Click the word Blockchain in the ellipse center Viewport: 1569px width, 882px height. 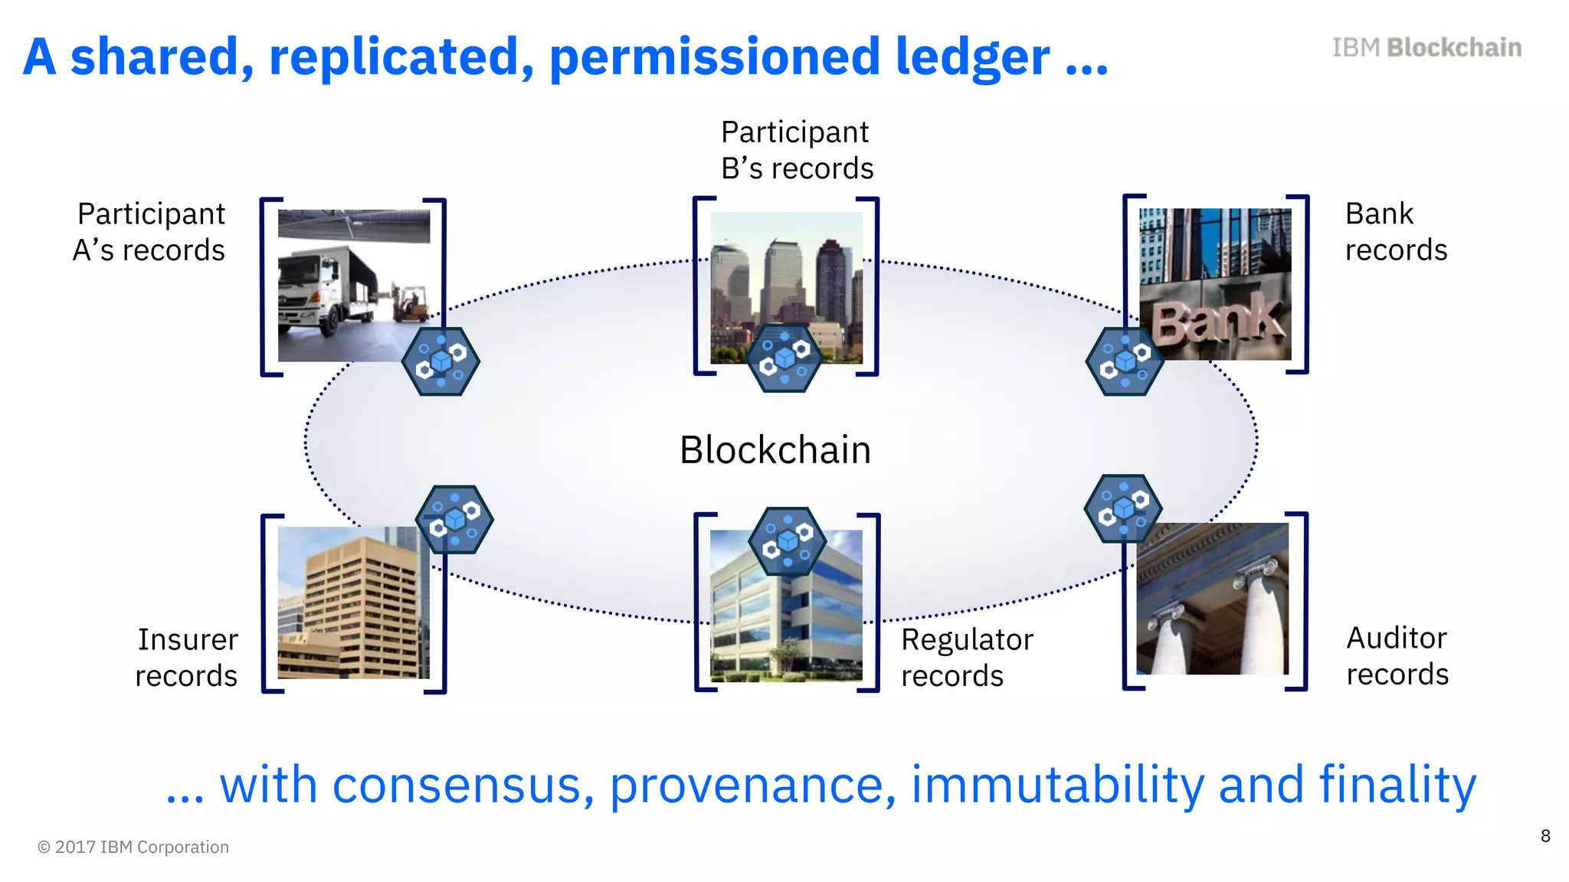click(x=775, y=450)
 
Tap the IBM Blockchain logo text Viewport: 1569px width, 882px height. click(x=1427, y=47)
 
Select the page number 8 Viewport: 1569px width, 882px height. click(x=1545, y=836)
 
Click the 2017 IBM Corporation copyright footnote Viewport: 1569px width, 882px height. click(x=133, y=847)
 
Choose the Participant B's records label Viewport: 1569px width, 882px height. click(x=797, y=150)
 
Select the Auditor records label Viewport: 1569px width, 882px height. click(x=1397, y=656)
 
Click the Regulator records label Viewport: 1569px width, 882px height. click(x=967, y=658)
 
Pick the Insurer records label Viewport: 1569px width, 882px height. click(x=187, y=658)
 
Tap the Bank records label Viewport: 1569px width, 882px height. click(x=1395, y=231)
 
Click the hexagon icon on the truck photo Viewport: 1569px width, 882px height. click(x=441, y=361)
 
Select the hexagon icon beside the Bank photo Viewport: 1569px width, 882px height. click(x=1124, y=361)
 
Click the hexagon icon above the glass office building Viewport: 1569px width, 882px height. click(x=787, y=541)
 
